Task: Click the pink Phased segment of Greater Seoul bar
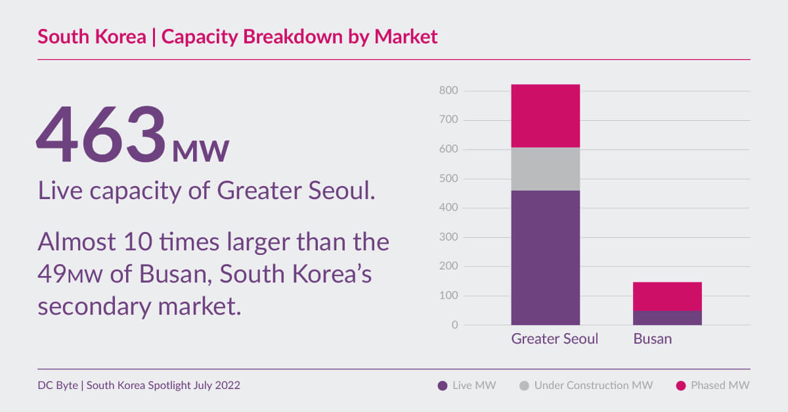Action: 545,116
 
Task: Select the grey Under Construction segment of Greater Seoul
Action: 545,169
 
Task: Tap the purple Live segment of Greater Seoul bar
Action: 545,258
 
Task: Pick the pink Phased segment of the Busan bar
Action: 667,296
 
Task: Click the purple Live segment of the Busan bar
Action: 667,318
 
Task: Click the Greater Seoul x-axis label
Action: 554,340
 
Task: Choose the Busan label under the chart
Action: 652,340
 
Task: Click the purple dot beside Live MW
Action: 443,386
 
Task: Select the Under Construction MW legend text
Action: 593,386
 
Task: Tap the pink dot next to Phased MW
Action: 680,386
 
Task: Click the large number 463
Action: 102,135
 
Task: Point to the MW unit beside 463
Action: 200,150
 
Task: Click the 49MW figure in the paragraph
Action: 70,275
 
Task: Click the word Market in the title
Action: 405,36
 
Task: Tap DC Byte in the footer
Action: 58,386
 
